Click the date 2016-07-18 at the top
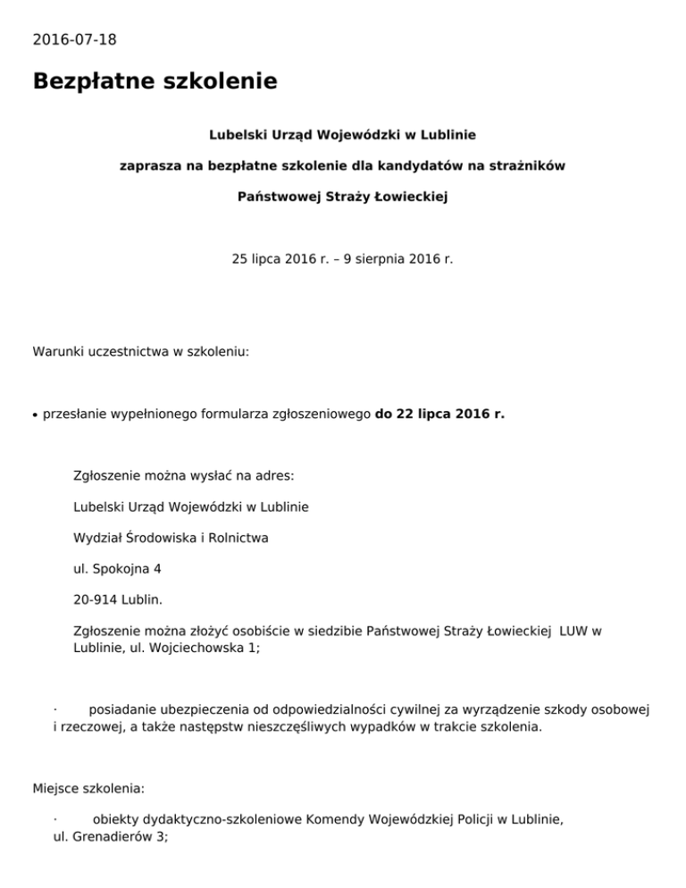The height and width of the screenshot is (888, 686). [74, 39]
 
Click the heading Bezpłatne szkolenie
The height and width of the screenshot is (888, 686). [155, 82]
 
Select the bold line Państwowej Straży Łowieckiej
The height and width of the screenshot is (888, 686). [342, 196]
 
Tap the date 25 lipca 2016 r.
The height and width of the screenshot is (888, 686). [282, 260]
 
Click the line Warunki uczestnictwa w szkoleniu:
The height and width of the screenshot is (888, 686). [140, 352]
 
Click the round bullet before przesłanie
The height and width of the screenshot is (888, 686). [36, 415]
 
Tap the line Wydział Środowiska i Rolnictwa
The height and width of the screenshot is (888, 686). [171, 538]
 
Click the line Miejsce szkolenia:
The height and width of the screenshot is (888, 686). [88, 790]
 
